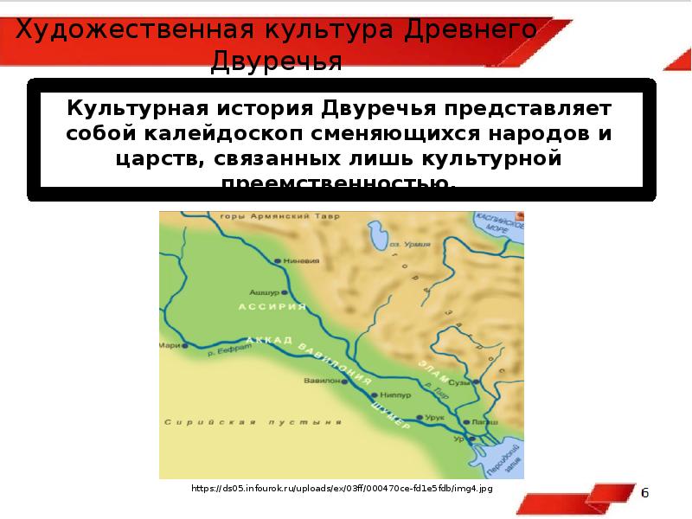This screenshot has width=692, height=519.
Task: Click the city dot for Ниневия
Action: [277, 259]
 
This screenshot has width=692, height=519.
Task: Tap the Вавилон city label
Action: [319, 380]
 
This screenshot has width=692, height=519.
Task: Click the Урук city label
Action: [436, 417]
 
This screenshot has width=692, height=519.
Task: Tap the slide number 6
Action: [644, 492]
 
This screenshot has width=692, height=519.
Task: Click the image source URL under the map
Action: [343, 489]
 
